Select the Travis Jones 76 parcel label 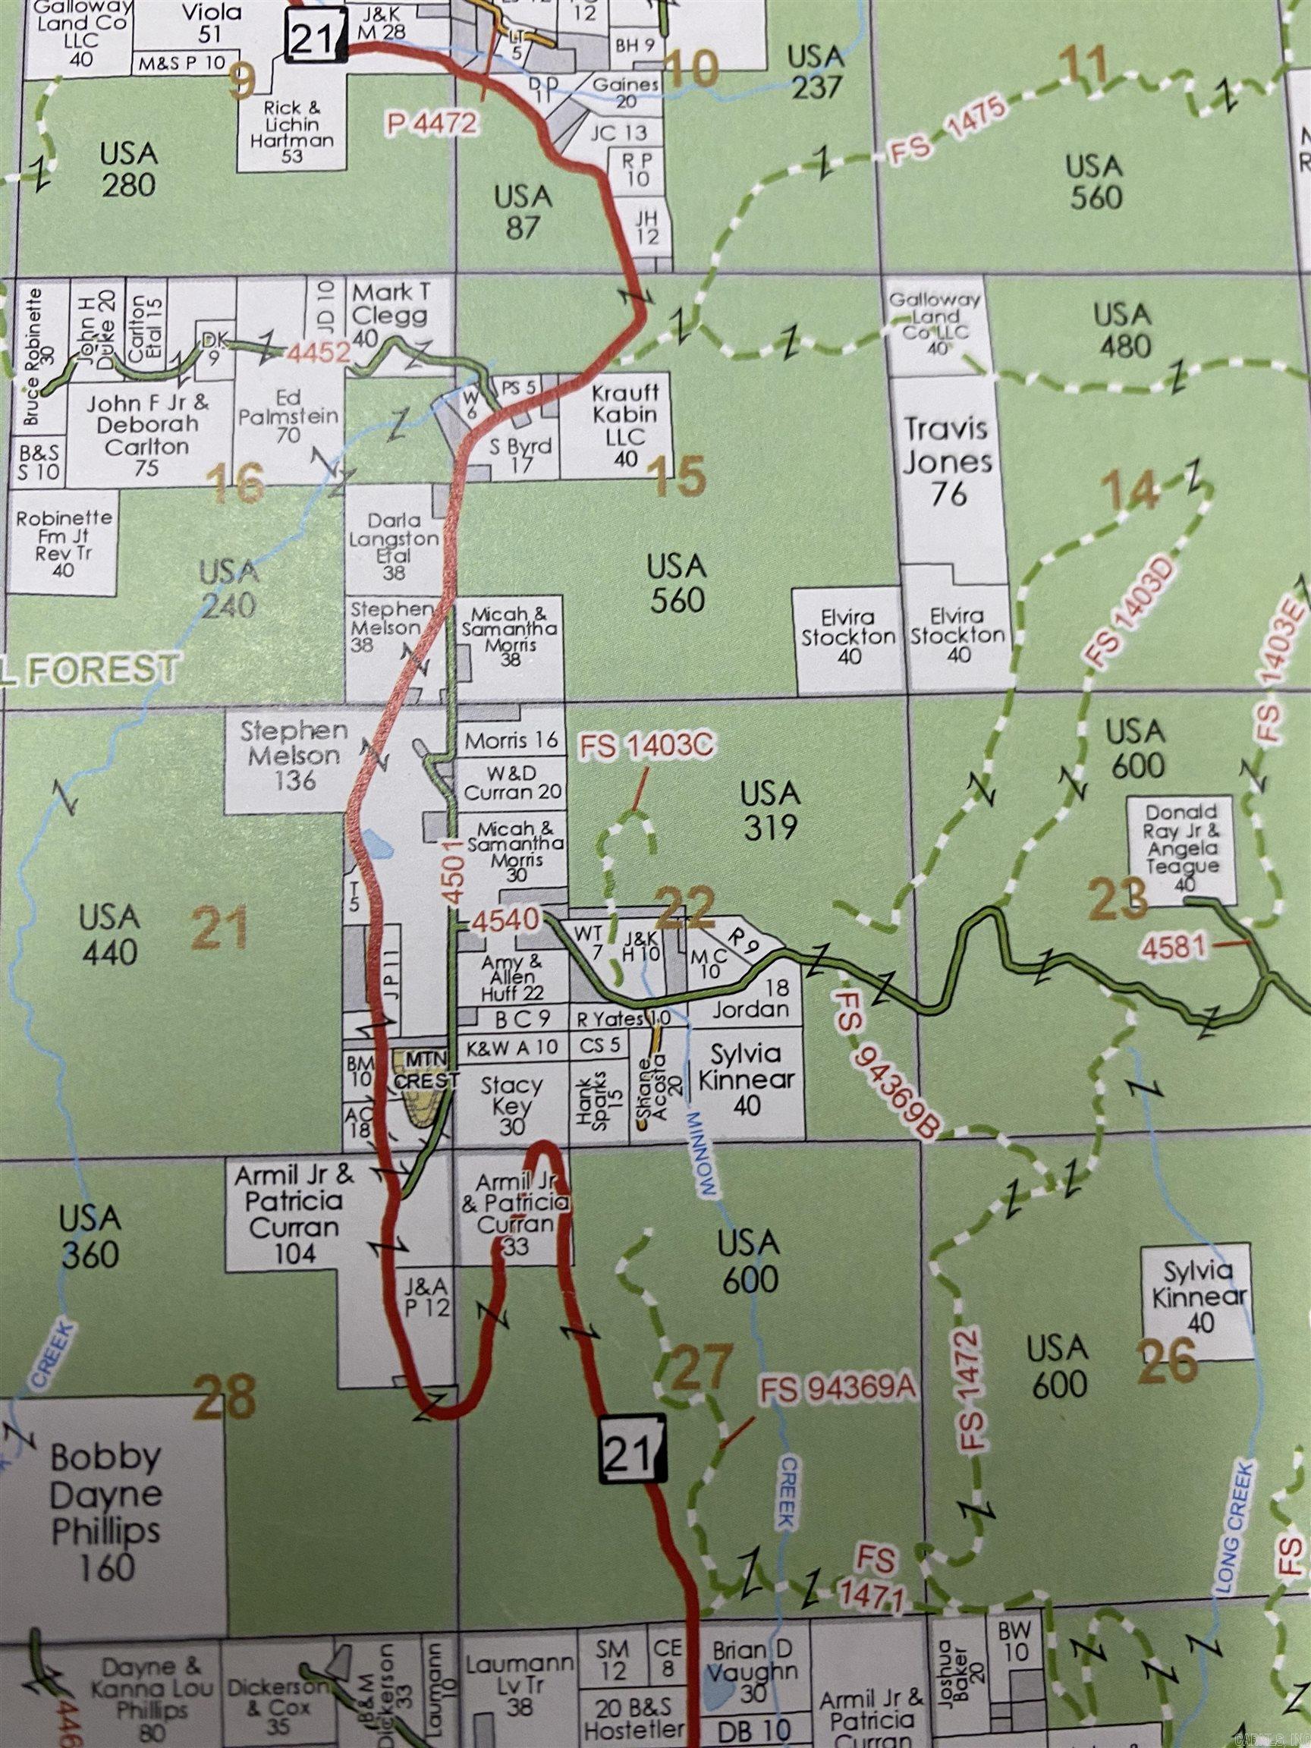pyautogui.click(x=948, y=462)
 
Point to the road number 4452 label pyautogui.click(x=319, y=354)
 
